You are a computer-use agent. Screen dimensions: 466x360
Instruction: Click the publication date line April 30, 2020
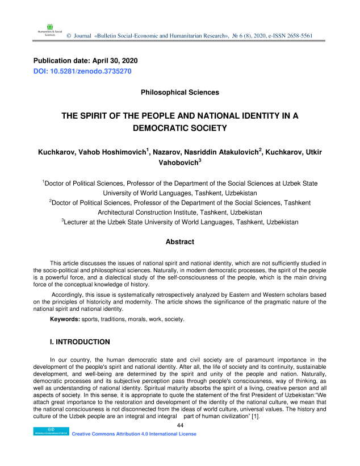pos(85,60)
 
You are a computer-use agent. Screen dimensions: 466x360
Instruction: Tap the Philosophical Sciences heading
pos(179,91)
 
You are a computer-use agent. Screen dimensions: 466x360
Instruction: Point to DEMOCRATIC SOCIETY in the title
pos(179,128)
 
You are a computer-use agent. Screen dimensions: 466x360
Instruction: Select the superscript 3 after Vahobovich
pos(200,160)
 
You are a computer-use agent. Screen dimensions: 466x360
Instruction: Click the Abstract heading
pos(179,242)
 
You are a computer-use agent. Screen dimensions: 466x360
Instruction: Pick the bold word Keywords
pos(65,320)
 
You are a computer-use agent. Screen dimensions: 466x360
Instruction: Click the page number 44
pos(180,425)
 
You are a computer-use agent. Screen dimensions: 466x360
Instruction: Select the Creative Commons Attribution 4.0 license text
pos(134,434)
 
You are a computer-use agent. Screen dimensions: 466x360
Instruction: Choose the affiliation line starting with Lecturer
pos(179,222)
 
